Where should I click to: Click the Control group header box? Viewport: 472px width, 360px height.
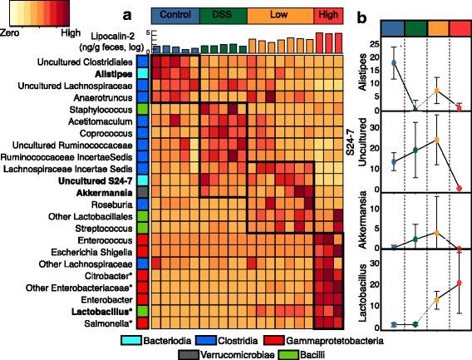click(175, 15)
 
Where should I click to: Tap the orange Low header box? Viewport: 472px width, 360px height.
click(279, 15)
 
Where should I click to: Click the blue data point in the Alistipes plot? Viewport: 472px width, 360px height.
click(394, 63)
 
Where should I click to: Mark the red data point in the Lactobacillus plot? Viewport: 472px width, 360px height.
click(459, 283)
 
